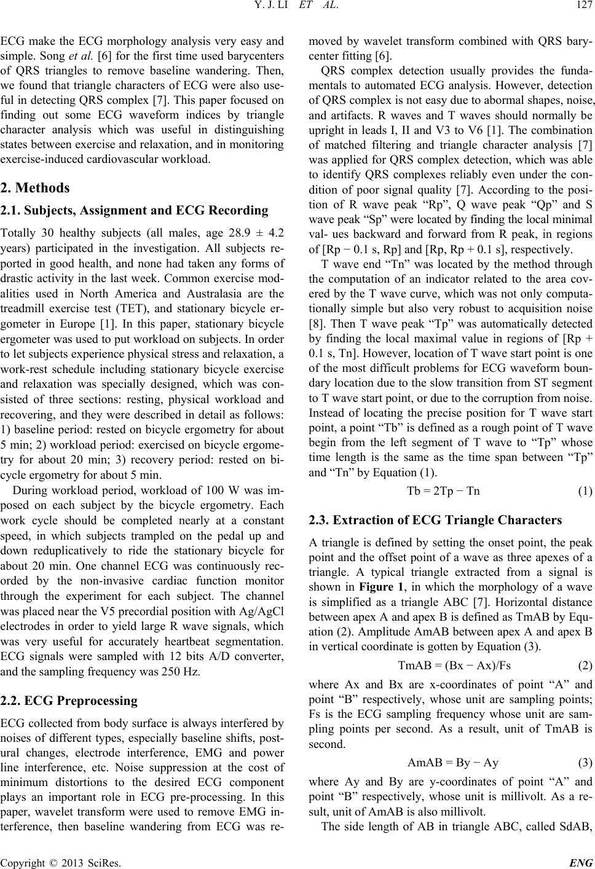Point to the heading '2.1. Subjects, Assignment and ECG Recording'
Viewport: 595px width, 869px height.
coord(134,211)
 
